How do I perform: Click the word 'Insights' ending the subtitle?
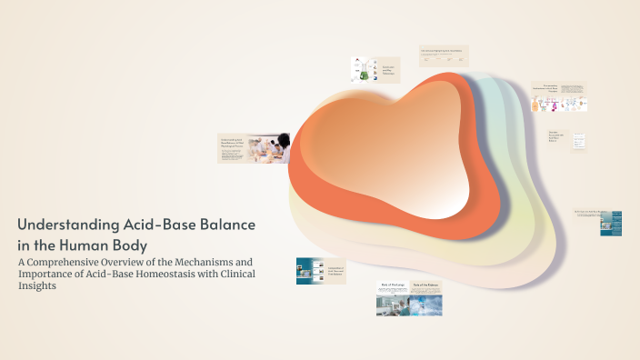(36, 285)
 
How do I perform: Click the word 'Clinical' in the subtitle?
(231, 274)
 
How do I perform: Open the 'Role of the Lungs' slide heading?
(391, 285)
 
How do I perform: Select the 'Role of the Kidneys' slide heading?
(427, 285)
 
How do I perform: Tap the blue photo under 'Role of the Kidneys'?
(427, 305)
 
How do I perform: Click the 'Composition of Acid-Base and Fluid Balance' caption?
(335, 271)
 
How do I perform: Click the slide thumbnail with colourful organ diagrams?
(559, 98)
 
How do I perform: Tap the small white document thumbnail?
(578, 142)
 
